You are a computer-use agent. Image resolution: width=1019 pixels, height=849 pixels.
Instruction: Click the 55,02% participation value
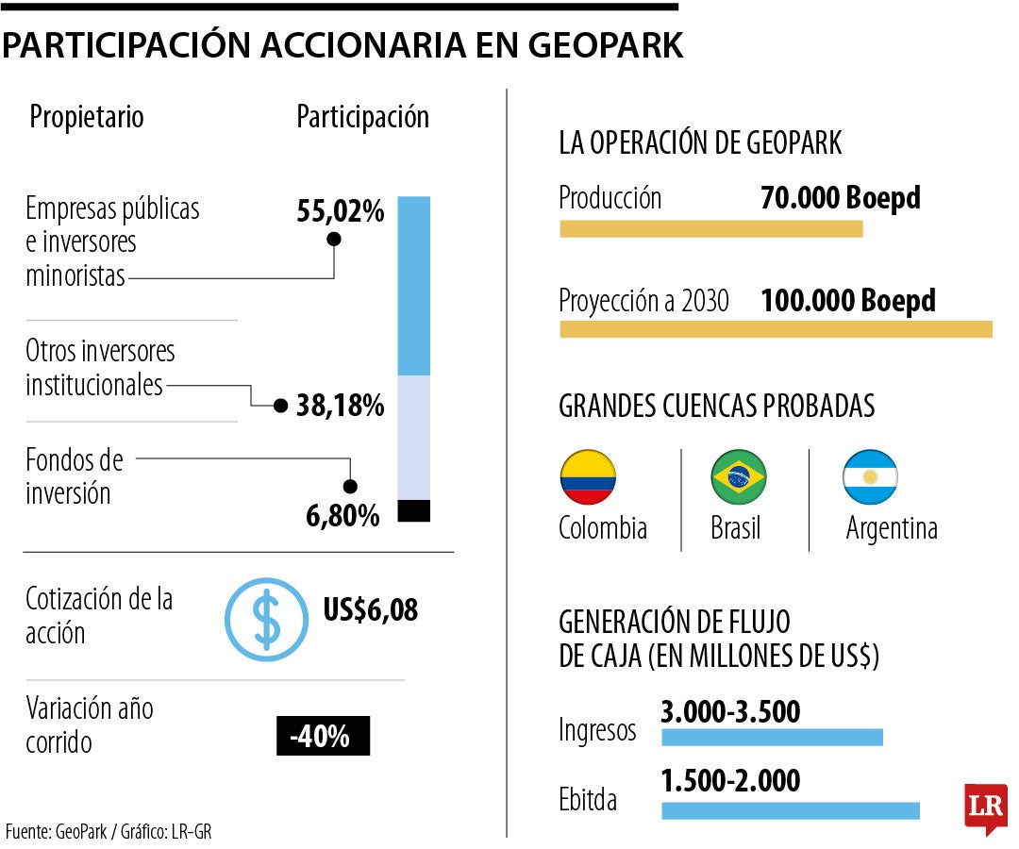(341, 211)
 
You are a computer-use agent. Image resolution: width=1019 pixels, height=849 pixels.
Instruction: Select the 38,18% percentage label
(340, 406)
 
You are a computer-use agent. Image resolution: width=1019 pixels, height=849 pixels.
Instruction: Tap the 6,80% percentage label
(342, 516)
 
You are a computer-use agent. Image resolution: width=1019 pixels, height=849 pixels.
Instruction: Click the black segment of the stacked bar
(414, 510)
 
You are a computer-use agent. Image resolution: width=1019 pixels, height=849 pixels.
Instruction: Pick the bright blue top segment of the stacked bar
(414, 286)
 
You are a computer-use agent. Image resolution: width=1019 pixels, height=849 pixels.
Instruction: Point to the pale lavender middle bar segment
(414, 437)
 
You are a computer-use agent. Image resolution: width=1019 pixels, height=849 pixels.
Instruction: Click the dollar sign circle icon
(266, 619)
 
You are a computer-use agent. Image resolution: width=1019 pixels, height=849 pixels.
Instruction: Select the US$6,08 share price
(371, 609)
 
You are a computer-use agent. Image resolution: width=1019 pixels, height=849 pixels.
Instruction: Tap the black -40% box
(323, 737)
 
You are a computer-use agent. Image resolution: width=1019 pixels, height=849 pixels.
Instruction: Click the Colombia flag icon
(588, 477)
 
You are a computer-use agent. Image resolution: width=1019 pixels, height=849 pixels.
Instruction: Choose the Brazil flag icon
(738, 477)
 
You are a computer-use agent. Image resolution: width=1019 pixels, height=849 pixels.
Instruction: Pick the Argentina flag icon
(870, 477)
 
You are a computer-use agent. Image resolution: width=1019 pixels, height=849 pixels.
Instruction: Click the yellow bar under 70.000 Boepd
(710, 228)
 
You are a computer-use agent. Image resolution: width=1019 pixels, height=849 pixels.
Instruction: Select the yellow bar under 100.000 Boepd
(776, 328)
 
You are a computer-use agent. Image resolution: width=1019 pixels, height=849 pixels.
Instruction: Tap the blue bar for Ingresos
(772, 737)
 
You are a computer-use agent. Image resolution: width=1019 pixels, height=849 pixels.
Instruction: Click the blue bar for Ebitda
(790, 810)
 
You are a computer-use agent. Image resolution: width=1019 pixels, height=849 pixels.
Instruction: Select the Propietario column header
(87, 117)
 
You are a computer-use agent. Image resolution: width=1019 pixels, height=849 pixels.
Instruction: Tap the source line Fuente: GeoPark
(115, 831)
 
